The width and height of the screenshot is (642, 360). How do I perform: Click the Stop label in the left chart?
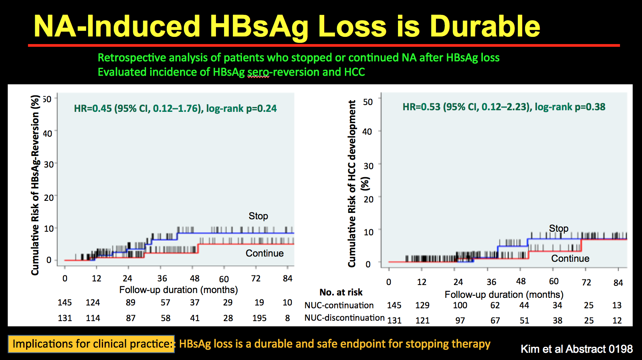coord(258,216)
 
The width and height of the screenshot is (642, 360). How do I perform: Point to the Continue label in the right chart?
coord(570,259)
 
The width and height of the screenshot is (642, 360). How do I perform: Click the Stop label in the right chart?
coord(558,229)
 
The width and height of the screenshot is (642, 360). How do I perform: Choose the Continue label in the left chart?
coord(264,253)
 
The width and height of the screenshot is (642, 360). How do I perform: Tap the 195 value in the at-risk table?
coord(259,318)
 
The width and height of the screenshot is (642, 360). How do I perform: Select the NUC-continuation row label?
coord(339,305)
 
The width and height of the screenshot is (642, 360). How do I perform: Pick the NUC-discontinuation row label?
coord(344,318)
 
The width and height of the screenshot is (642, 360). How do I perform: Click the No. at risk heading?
coord(341,293)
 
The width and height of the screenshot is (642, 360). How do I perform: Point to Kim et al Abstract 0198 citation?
coord(576,349)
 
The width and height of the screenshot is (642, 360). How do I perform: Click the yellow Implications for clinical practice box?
coord(91,344)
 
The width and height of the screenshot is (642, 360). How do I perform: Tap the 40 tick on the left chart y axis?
coord(48,133)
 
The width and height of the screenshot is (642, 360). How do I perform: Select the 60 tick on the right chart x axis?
coord(553,281)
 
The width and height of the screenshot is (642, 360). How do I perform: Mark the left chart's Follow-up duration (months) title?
coord(178,290)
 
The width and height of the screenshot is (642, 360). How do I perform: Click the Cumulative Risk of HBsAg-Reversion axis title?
coord(35,185)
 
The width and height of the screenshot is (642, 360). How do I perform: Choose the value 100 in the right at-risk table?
coord(460,305)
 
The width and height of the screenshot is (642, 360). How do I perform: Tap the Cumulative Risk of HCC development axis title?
coord(352,184)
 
